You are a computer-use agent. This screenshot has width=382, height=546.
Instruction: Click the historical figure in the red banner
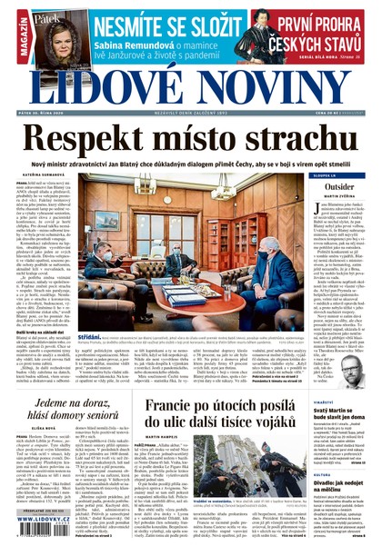257,33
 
